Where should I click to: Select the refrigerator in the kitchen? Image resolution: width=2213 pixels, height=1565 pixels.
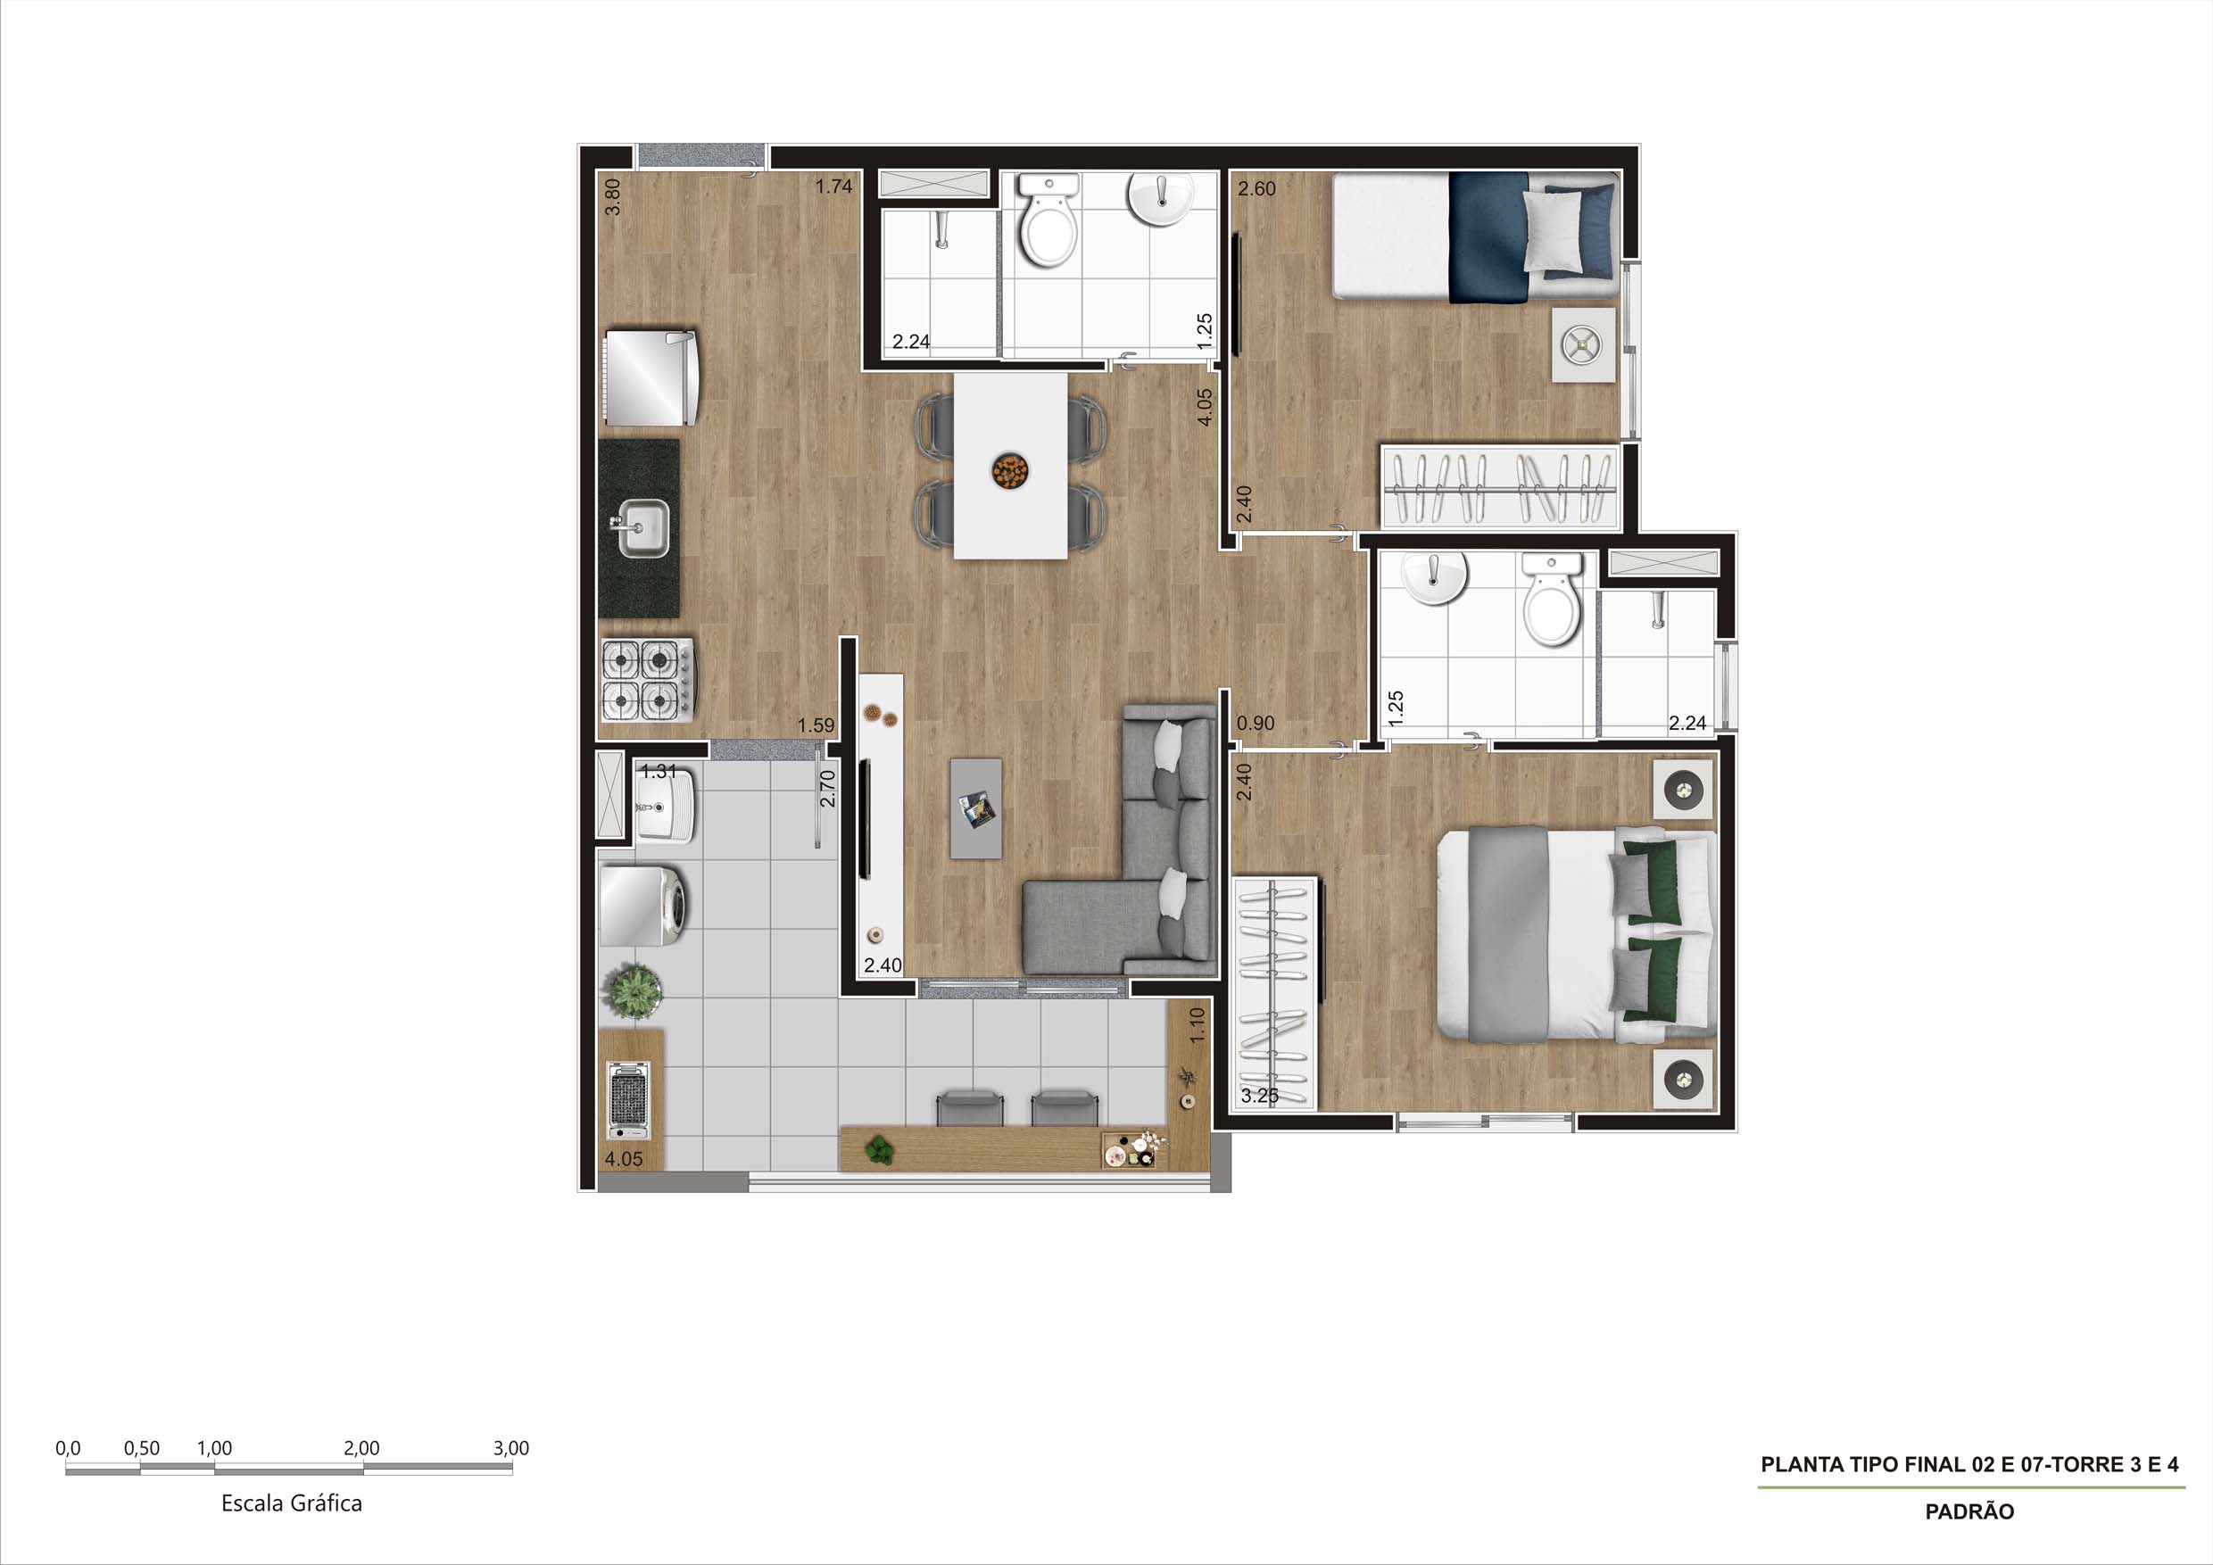651,377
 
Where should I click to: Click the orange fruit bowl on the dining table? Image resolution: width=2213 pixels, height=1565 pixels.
1010,470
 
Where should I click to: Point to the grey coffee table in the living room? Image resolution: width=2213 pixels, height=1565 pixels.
975,807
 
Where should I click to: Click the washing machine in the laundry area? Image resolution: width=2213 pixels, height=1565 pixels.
642,905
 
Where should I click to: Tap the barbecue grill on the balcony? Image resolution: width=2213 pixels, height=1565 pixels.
628,1099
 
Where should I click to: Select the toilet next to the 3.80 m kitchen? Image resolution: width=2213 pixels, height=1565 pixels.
1048,221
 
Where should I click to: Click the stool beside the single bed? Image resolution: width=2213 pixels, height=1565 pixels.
1583,345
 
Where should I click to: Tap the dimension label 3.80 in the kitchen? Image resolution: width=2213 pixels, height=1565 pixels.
612,196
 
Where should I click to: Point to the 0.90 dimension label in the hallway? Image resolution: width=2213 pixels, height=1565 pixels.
1255,723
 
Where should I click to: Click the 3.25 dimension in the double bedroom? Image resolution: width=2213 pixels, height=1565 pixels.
1259,1096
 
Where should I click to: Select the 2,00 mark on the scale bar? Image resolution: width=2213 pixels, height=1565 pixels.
361,1447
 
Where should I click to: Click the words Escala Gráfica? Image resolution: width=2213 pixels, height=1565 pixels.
291,1503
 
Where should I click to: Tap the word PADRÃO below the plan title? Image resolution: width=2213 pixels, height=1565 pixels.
1969,1512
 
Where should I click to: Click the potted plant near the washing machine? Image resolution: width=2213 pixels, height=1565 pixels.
633,990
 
